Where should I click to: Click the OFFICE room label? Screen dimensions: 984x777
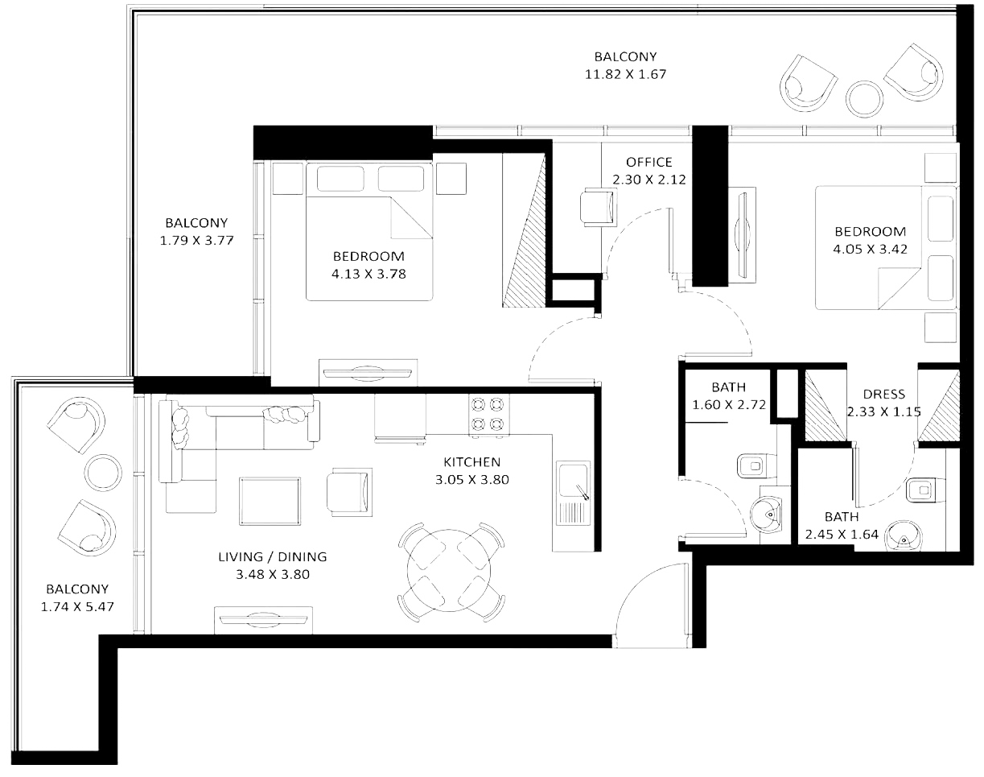pyautogui.click(x=648, y=162)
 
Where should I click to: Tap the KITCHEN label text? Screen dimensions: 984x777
pyautogui.click(x=471, y=461)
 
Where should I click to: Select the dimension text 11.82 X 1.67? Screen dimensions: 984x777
pyautogui.click(x=625, y=74)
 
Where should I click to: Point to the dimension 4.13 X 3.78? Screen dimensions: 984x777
pyautogui.click(x=368, y=274)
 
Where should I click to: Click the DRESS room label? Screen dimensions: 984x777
pyautogui.click(x=884, y=394)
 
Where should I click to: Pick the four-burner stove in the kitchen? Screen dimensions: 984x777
pyautogui.click(x=488, y=415)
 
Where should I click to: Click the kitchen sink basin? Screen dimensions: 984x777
pyautogui.click(x=572, y=481)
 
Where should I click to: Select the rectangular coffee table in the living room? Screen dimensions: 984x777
pyautogui.click(x=270, y=501)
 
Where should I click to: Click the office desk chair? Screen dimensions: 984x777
pyautogui.click(x=598, y=207)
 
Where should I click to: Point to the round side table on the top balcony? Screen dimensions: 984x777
pyautogui.click(x=864, y=99)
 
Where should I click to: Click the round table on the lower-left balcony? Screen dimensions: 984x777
pyautogui.click(x=103, y=473)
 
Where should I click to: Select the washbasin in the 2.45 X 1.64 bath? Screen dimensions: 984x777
pyautogui.click(x=903, y=535)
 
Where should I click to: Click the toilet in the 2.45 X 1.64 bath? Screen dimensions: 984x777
pyautogui.click(x=925, y=490)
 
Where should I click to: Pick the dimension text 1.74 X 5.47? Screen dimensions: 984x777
pyautogui.click(x=77, y=607)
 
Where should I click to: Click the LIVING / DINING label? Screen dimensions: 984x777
pyautogui.click(x=273, y=557)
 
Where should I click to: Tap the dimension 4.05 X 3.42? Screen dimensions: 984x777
pyautogui.click(x=870, y=250)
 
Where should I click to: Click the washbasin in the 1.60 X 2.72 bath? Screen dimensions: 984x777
pyautogui.click(x=767, y=515)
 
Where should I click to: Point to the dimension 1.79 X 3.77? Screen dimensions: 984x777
pyautogui.click(x=196, y=240)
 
